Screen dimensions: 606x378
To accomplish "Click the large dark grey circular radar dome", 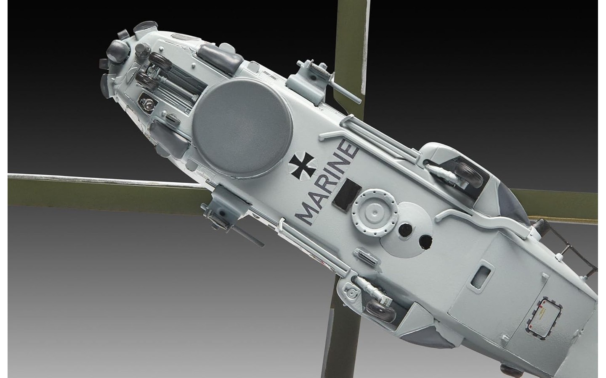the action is coord(242,127).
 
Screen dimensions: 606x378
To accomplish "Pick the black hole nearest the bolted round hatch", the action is coord(405,229).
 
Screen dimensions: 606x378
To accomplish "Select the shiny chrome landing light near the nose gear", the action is coord(147,103).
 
